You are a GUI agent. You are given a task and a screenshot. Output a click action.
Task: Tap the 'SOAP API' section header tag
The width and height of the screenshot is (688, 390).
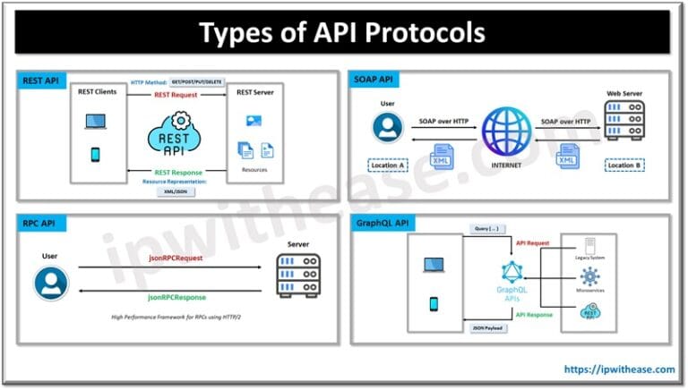374,81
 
